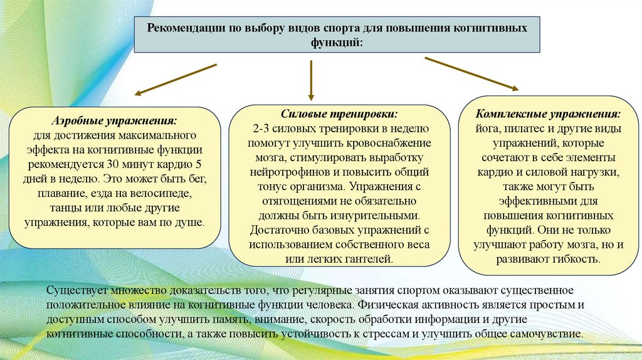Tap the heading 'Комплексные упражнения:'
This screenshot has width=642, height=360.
(x=548, y=115)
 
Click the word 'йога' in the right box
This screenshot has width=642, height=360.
(x=487, y=129)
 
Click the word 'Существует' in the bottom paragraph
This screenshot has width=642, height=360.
(x=76, y=291)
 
